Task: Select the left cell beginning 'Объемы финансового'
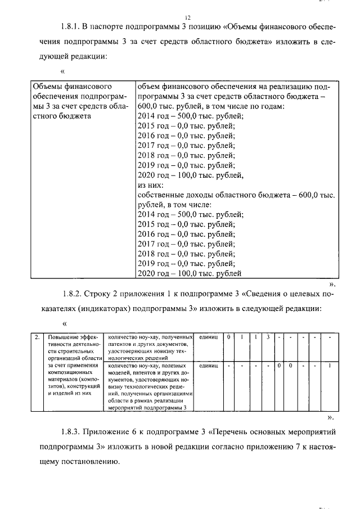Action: [x=79, y=102]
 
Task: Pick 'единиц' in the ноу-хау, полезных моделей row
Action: [x=208, y=366]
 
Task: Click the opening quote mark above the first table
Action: [x=63, y=72]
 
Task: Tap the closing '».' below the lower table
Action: [x=331, y=418]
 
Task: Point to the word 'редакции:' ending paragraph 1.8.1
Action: [x=88, y=57]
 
